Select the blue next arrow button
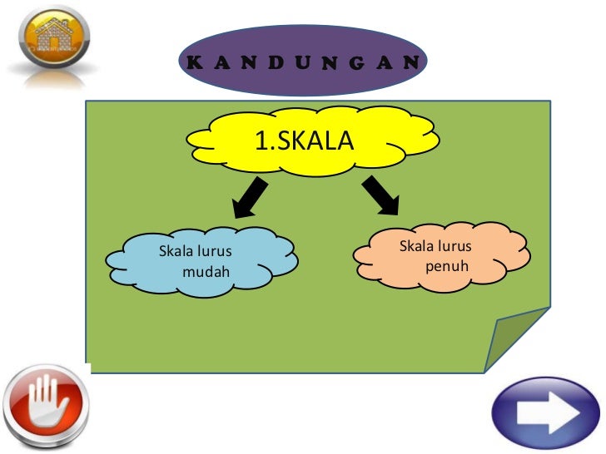(547, 412)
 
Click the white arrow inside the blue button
(547, 412)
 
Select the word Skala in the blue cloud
(175, 250)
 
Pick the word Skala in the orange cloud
(416, 246)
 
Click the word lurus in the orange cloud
(454, 246)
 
